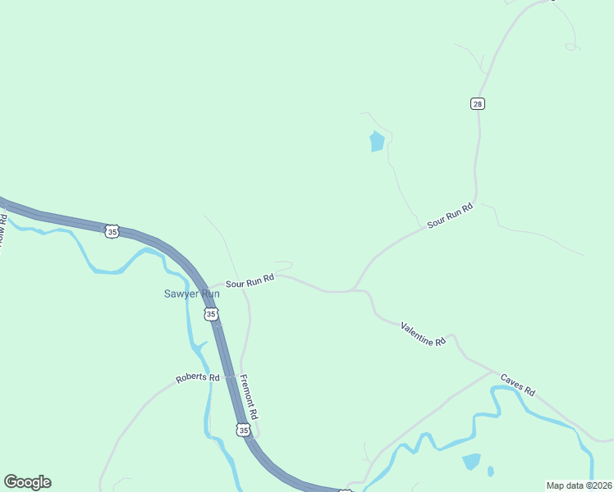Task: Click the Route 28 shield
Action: [x=478, y=103]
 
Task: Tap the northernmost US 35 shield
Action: [x=112, y=232]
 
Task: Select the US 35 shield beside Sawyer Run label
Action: [x=211, y=314]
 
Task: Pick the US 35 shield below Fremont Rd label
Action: [x=242, y=430]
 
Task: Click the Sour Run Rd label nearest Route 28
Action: [x=451, y=216]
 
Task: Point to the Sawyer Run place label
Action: [x=191, y=294]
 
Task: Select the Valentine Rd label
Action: [x=423, y=334]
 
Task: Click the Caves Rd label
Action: [x=518, y=388]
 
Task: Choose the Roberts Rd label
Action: [x=198, y=378]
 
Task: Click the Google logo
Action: [x=27, y=482]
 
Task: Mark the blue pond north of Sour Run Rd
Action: [x=377, y=142]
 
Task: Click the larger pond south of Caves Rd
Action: [x=470, y=462]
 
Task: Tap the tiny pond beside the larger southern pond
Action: [x=490, y=471]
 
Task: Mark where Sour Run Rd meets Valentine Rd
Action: [x=355, y=290]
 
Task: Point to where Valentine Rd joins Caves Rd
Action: [x=493, y=371]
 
